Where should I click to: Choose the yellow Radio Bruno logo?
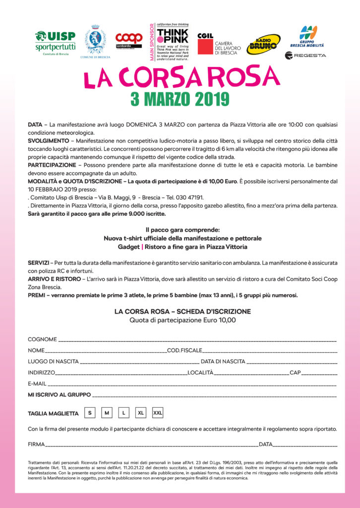264,44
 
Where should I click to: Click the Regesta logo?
305,55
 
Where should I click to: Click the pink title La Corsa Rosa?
181,77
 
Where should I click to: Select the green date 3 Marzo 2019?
180,99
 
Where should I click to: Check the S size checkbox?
90,413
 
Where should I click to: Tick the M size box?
107,413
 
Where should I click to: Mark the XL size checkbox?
141,413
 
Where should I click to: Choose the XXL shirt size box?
158,413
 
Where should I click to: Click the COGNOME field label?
42,339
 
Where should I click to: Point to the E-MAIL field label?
37,383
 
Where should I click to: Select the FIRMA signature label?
36,444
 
